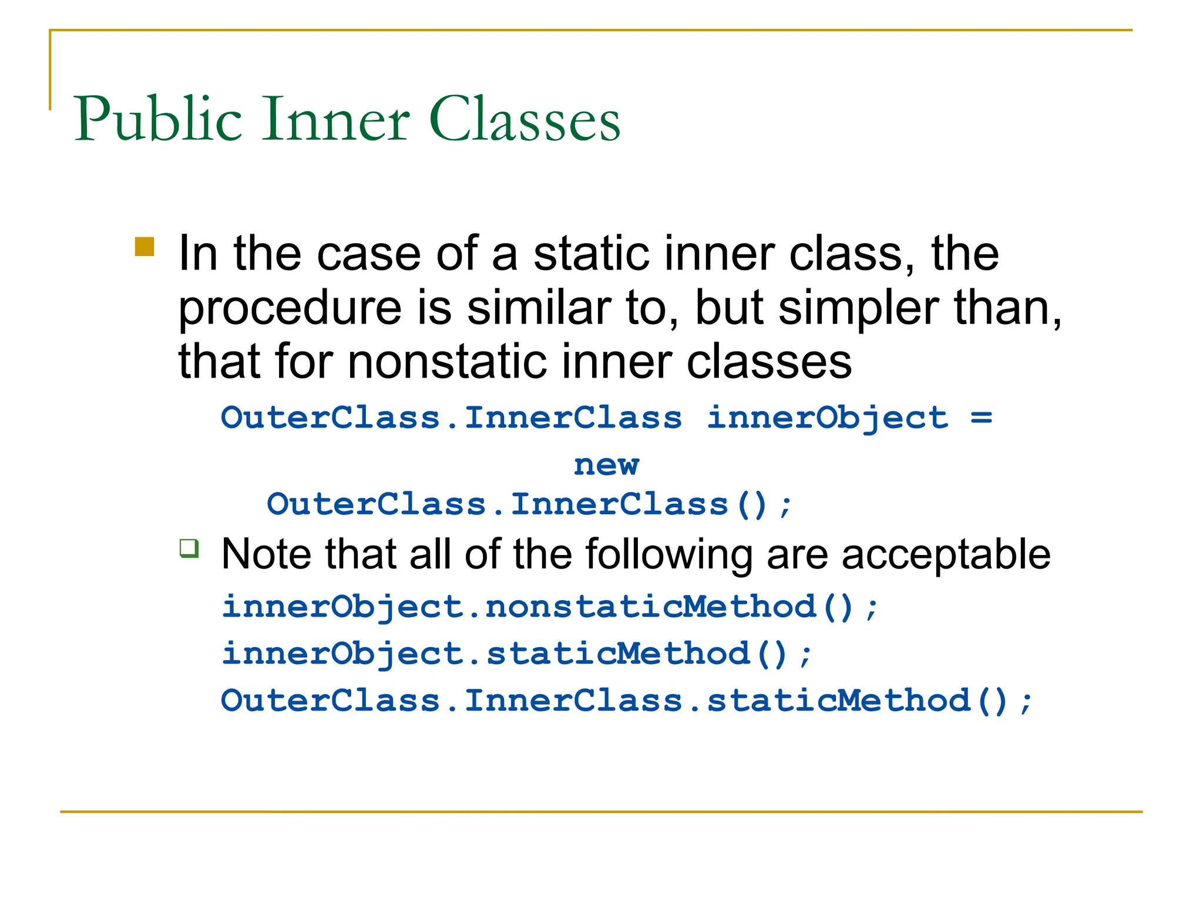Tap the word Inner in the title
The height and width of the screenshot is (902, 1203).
(x=335, y=120)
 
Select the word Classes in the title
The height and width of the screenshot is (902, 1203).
(x=525, y=120)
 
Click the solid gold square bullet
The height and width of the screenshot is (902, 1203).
(x=145, y=247)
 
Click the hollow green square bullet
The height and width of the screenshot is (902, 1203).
(x=189, y=548)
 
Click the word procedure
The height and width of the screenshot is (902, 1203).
(x=290, y=309)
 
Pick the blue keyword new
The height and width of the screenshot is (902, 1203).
(x=606, y=465)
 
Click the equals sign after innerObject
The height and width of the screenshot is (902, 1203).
(x=981, y=418)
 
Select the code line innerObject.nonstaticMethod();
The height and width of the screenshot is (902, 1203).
(x=550, y=607)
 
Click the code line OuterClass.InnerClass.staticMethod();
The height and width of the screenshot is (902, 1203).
(x=626, y=701)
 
